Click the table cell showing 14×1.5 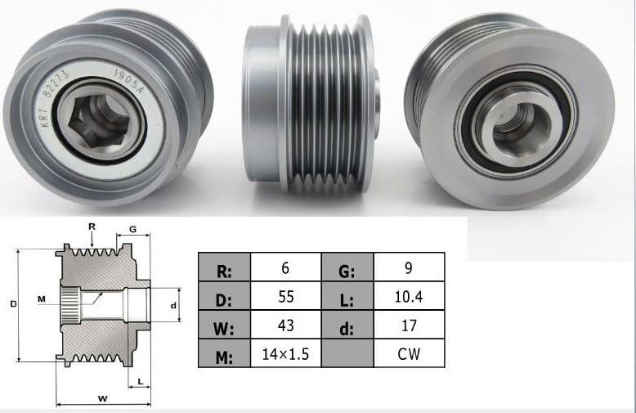point(285,353)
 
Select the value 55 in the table point(285,296)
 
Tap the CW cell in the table point(409,353)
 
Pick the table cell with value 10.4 point(409,296)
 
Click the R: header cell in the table point(224,267)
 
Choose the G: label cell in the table point(347,267)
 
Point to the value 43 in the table point(285,325)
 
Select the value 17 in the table point(409,325)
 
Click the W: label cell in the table point(224,325)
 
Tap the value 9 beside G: point(409,267)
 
